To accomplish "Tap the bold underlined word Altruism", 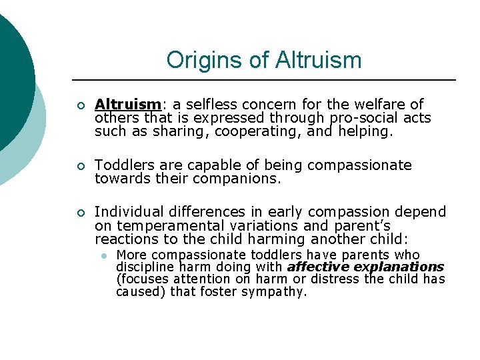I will (127, 105).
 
